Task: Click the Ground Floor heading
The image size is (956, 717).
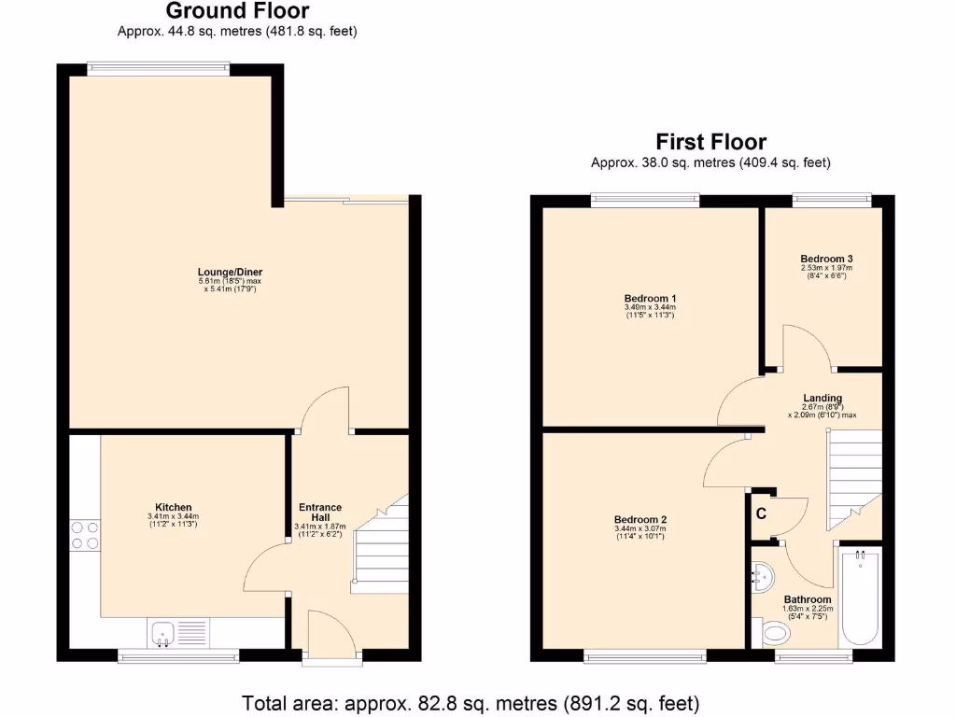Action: [x=237, y=11]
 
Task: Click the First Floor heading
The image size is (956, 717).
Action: [x=710, y=142]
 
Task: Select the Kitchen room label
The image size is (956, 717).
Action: [x=174, y=507]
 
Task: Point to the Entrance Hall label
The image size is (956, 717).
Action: [x=320, y=513]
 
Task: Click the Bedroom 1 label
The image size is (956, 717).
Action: [x=649, y=298]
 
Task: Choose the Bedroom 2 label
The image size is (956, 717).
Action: [x=640, y=519]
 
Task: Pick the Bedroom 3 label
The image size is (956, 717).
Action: [x=826, y=259]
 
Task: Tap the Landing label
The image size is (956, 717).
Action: [x=822, y=398]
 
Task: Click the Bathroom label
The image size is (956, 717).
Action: [x=808, y=599]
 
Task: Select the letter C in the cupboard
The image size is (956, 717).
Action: [x=761, y=513]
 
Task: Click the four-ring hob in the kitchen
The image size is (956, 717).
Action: [x=85, y=535]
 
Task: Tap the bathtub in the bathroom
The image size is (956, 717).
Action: [x=860, y=597]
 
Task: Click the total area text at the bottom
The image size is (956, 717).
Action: [x=471, y=702]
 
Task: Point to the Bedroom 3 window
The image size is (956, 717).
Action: [x=832, y=198]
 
